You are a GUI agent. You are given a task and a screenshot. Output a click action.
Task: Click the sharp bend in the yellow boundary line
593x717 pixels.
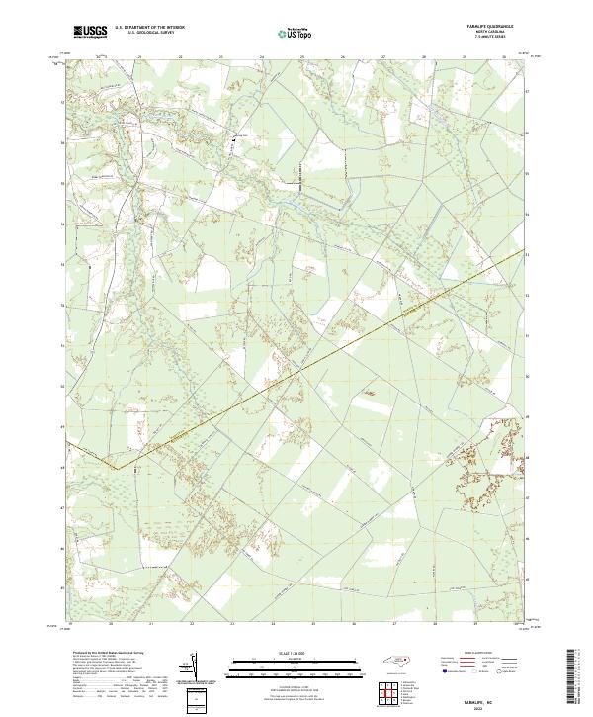pos(117,468)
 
